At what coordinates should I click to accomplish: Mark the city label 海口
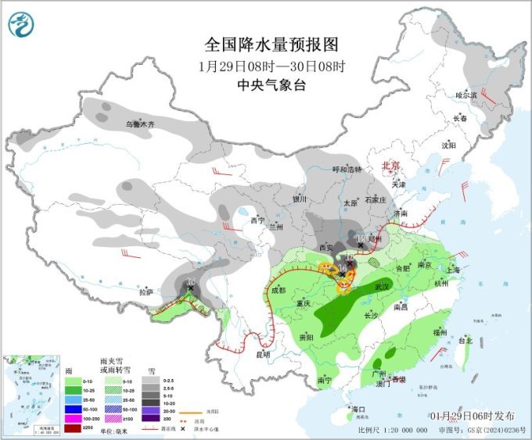coord(359,410)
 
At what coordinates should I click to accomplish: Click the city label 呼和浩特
coord(347,170)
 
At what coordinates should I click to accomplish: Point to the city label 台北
coord(465,341)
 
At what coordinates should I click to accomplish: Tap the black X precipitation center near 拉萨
coord(190,288)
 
